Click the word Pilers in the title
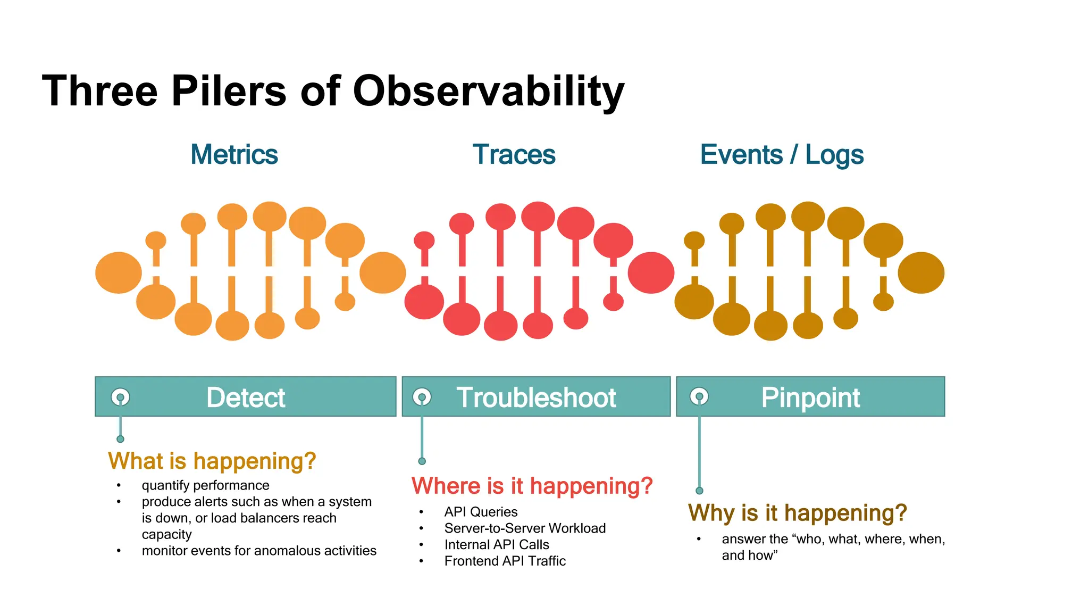(229, 91)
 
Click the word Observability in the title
(488, 91)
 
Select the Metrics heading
(234, 155)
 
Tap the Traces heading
(514, 155)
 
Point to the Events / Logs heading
(782, 155)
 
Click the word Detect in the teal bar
(246, 397)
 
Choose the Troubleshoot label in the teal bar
(536, 397)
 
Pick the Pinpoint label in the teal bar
(810, 397)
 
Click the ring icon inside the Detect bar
(120, 397)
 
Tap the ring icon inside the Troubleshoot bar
(422, 396)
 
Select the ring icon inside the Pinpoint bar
(699, 396)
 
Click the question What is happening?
(212, 461)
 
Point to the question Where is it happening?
(532, 486)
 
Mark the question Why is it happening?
(797, 513)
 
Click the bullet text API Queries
(481, 512)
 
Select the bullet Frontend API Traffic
(505, 561)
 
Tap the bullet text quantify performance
(205, 485)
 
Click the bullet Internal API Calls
(497, 544)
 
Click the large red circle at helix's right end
(651, 272)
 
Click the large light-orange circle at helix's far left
(119, 272)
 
